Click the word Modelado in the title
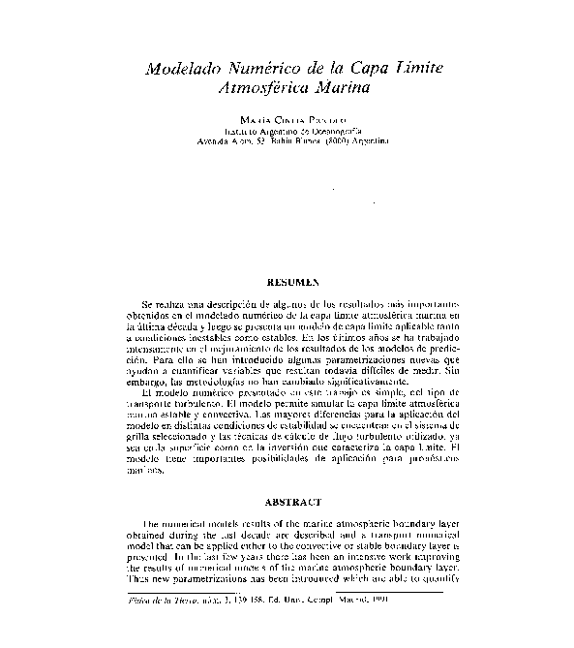pos(181,71)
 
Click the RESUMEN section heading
pos(292,281)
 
